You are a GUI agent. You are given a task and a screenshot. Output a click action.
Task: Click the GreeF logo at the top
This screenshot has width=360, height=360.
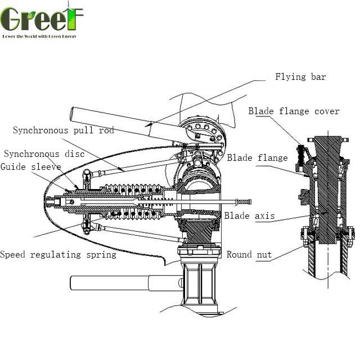pyautogui.click(x=42, y=18)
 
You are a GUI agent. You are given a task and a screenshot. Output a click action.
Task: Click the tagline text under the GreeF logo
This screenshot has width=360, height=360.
pyautogui.click(x=39, y=36)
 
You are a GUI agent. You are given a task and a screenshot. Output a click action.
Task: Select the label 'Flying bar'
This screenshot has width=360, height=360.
pyautogui.click(x=300, y=77)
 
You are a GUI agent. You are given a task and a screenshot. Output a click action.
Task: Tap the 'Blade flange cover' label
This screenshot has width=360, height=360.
pyautogui.click(x=294, y=111)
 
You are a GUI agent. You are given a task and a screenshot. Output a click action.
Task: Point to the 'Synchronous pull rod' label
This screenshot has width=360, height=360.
pyautogui.click(x=63, y=130)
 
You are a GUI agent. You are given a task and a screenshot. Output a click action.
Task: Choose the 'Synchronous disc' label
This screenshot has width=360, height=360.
pyautogui.click(x=44, y=154)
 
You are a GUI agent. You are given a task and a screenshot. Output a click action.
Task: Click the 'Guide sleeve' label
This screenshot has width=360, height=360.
pyautogui.click(x=30, y=166)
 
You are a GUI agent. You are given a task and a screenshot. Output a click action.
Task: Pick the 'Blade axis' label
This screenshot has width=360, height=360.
pyautogui.click(x=249, y=215)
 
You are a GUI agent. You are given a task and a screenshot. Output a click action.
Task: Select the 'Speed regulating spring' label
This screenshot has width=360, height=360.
pyautogui.click(x=58, y=255)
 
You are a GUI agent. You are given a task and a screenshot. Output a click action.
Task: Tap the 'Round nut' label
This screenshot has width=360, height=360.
pyautogui.click(x=249, y=255)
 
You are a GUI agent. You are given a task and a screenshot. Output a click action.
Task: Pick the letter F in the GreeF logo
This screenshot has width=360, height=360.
pyautogui.click(x=73, y=19)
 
